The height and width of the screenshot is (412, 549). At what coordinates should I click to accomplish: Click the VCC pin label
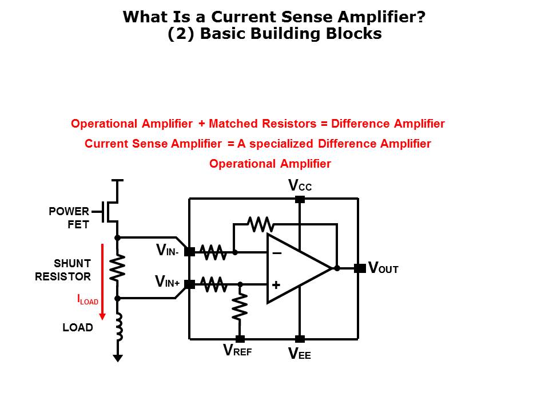tap(300, 185)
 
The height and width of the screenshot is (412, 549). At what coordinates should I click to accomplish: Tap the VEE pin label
tap(300, 354)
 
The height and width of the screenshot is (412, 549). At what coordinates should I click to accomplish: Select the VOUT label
tap(383, 268)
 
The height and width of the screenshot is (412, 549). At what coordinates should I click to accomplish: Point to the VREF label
tap(237, 351)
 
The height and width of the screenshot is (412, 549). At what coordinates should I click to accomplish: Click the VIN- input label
tap(168, 251)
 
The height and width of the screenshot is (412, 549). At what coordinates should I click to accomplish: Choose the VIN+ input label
tap(168, 282)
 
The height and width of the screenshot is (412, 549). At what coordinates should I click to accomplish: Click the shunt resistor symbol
tap(117, 268)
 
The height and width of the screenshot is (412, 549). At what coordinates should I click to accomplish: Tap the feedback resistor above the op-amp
tap(261, 224)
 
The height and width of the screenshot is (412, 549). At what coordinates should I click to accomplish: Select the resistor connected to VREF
tap(240, 307)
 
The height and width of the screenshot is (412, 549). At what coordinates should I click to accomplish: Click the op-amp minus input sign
tap(277, 253)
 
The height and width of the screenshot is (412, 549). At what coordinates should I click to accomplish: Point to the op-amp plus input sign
tap(276, 284)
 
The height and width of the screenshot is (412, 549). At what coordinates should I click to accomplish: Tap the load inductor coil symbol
tap(118, 326)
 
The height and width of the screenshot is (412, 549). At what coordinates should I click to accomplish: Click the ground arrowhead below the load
tap(118, 358)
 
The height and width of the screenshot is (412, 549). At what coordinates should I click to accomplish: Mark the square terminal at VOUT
tap(360, 268)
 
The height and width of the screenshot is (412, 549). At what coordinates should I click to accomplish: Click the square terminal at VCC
tap(300, 199)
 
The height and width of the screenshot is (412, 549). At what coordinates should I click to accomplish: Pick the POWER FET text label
tap(69, 218)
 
